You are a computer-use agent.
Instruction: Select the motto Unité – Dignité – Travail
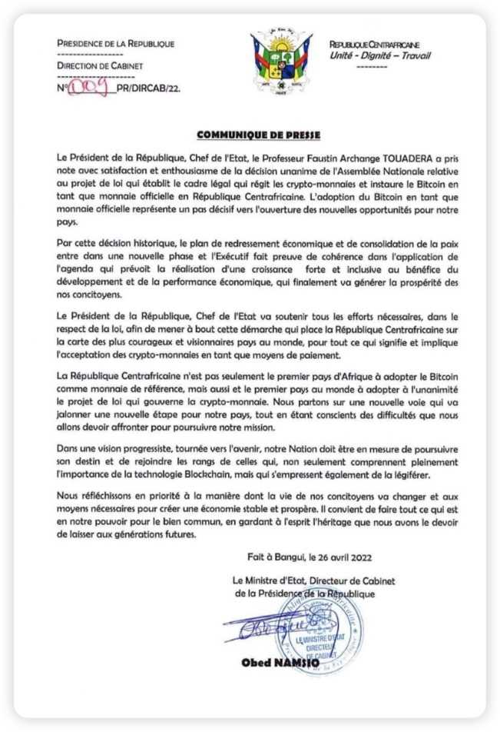[379, 55]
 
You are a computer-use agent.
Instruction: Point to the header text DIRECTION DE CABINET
[100, 67]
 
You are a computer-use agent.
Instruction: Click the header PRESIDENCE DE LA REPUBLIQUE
[115, 44]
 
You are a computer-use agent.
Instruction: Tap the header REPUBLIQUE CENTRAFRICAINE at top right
[379, 45]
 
